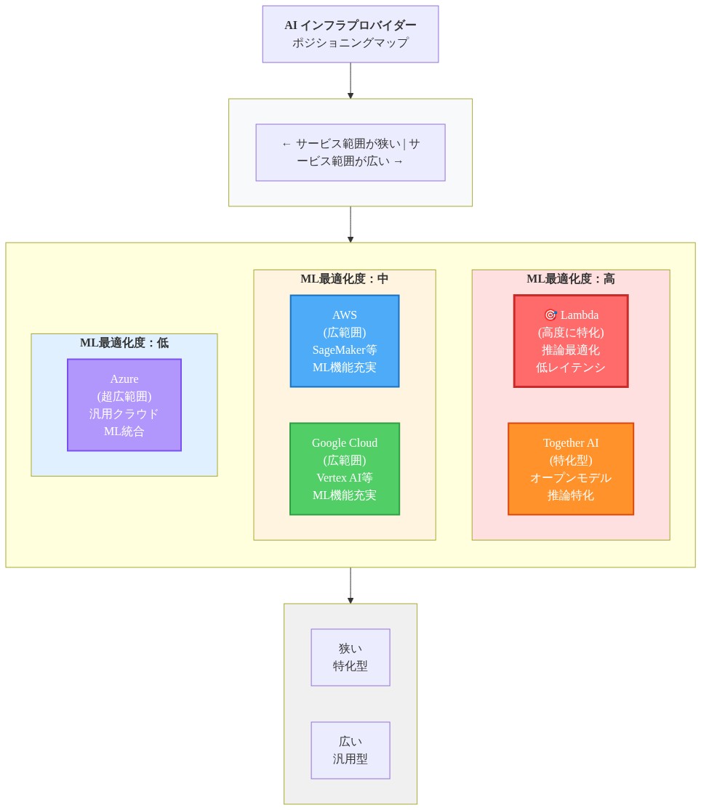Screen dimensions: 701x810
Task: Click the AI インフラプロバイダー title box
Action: point(350,34)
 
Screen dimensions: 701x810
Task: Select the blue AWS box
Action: point(344,341)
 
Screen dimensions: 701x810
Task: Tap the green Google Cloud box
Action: point(344,469)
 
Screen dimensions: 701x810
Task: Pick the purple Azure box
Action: point(124,405)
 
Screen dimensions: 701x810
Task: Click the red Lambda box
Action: point(571,341)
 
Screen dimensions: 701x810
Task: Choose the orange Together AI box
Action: point(571,469)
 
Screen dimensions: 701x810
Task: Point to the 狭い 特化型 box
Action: point(350,657)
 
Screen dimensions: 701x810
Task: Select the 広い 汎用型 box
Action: point(350,750)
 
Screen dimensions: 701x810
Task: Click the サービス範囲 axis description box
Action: point(350,153)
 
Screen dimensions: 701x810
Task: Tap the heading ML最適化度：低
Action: point(124,343)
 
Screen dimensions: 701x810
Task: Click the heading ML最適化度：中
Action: point(344,279)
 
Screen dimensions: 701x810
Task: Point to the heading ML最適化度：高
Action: point(571,279)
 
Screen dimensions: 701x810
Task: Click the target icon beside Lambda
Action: point(550,315)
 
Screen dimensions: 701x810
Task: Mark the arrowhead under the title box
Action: point(350,96)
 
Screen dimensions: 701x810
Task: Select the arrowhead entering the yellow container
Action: point(350,239)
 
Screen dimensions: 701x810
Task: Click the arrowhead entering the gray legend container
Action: point(350,600)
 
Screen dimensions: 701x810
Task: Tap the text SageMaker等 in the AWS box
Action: point(344,349)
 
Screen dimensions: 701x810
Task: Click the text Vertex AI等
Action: point(344,477)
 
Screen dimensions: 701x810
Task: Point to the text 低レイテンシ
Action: point(571,368)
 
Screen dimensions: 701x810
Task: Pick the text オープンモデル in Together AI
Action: point(571,477)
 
